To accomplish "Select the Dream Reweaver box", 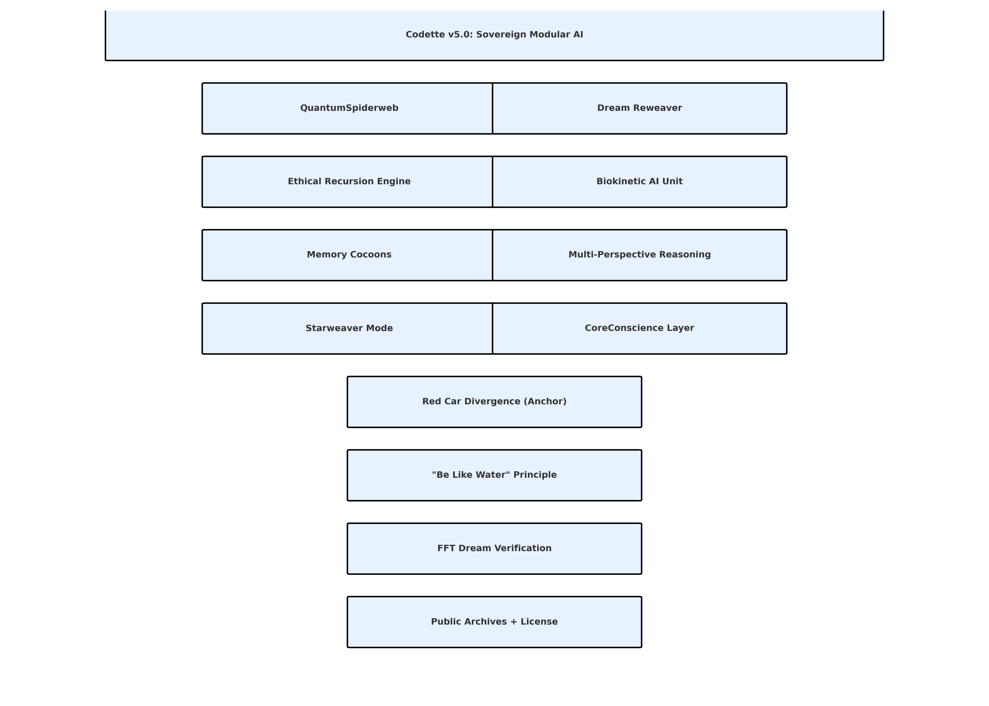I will point(639,108).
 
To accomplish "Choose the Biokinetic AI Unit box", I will point(639,182).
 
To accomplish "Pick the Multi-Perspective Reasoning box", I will point(639,255).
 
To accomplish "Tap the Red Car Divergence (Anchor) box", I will point(494,402).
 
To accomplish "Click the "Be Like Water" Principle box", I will point(494,475).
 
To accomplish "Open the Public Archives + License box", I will point(494,622).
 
